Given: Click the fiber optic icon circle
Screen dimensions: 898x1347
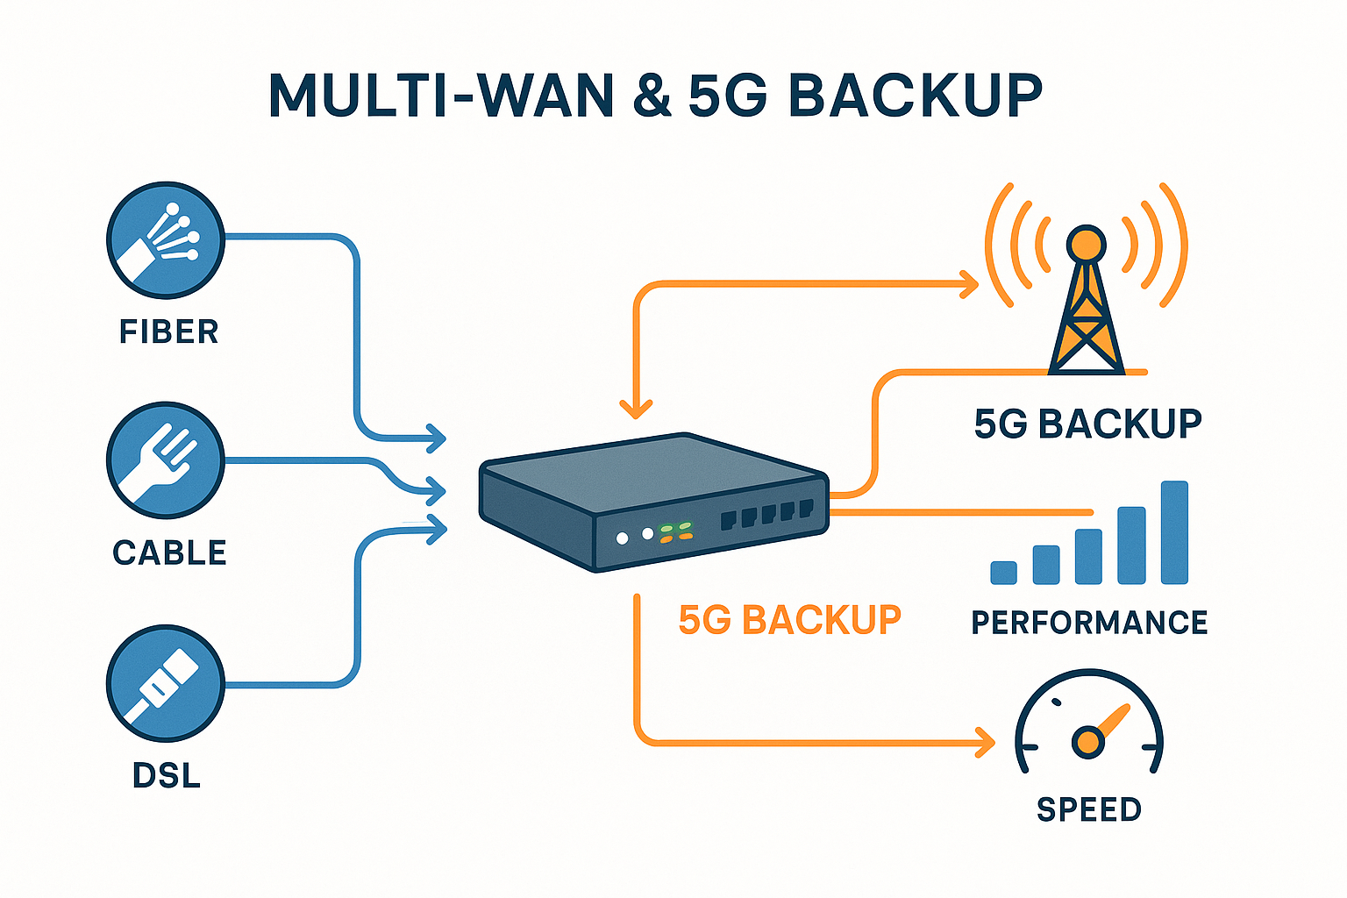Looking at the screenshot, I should (166, 240).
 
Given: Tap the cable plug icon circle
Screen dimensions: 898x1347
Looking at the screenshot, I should (166, 461).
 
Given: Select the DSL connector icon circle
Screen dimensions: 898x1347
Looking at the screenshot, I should (166, 684).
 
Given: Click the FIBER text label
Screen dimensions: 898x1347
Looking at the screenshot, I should (168, 332).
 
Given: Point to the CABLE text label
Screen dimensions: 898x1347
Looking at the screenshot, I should (169, 553).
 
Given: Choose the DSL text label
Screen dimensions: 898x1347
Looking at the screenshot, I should (167, 776).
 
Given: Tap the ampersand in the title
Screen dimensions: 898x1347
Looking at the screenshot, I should (651, 96).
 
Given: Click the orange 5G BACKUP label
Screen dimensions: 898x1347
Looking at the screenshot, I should (789, 620).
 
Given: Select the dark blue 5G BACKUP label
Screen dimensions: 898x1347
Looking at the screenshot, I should (1087, 424).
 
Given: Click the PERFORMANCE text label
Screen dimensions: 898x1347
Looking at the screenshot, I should (1089, 623).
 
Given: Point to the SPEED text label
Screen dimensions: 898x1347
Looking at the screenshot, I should (1089, 809).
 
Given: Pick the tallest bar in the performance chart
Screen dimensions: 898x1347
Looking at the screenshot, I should (1174, 532).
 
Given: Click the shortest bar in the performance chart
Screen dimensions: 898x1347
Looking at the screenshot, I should (1003, 573).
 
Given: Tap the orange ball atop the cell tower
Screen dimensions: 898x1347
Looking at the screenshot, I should (1086, 243).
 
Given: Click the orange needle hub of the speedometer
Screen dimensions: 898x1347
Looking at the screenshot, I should (1087, 742).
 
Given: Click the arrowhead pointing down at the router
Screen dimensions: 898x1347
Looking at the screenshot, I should (636, 409).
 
